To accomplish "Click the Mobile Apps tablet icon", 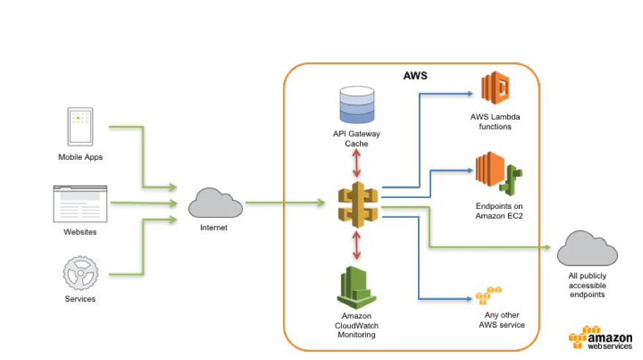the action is click(81, 127).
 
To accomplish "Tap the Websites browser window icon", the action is click(81, 204).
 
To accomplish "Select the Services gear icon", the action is click(81, 273).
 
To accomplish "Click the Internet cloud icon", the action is click(216, 202).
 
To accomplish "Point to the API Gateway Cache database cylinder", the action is click(357, 105).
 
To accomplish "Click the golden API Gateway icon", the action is click(358, 205).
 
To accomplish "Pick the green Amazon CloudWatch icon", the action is click(356, 288).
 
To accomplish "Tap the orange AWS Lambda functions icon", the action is click(495, 88).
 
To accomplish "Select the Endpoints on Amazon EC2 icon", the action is click(499, 174).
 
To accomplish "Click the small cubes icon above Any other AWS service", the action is click(488, 295).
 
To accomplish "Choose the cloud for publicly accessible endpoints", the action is click(587, 248).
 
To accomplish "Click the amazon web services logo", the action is click(600, 337).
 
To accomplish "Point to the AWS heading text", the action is click(415, 76).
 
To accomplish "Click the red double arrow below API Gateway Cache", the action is click(356, 164).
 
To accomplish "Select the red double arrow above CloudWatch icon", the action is click(356, 245).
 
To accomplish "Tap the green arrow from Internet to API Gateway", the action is click(285, 202).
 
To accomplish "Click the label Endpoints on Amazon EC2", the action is click(499, 210).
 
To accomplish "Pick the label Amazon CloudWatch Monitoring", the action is click(356, 325).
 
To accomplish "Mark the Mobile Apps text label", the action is click(81, 157).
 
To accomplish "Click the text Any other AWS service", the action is click(502, 320).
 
